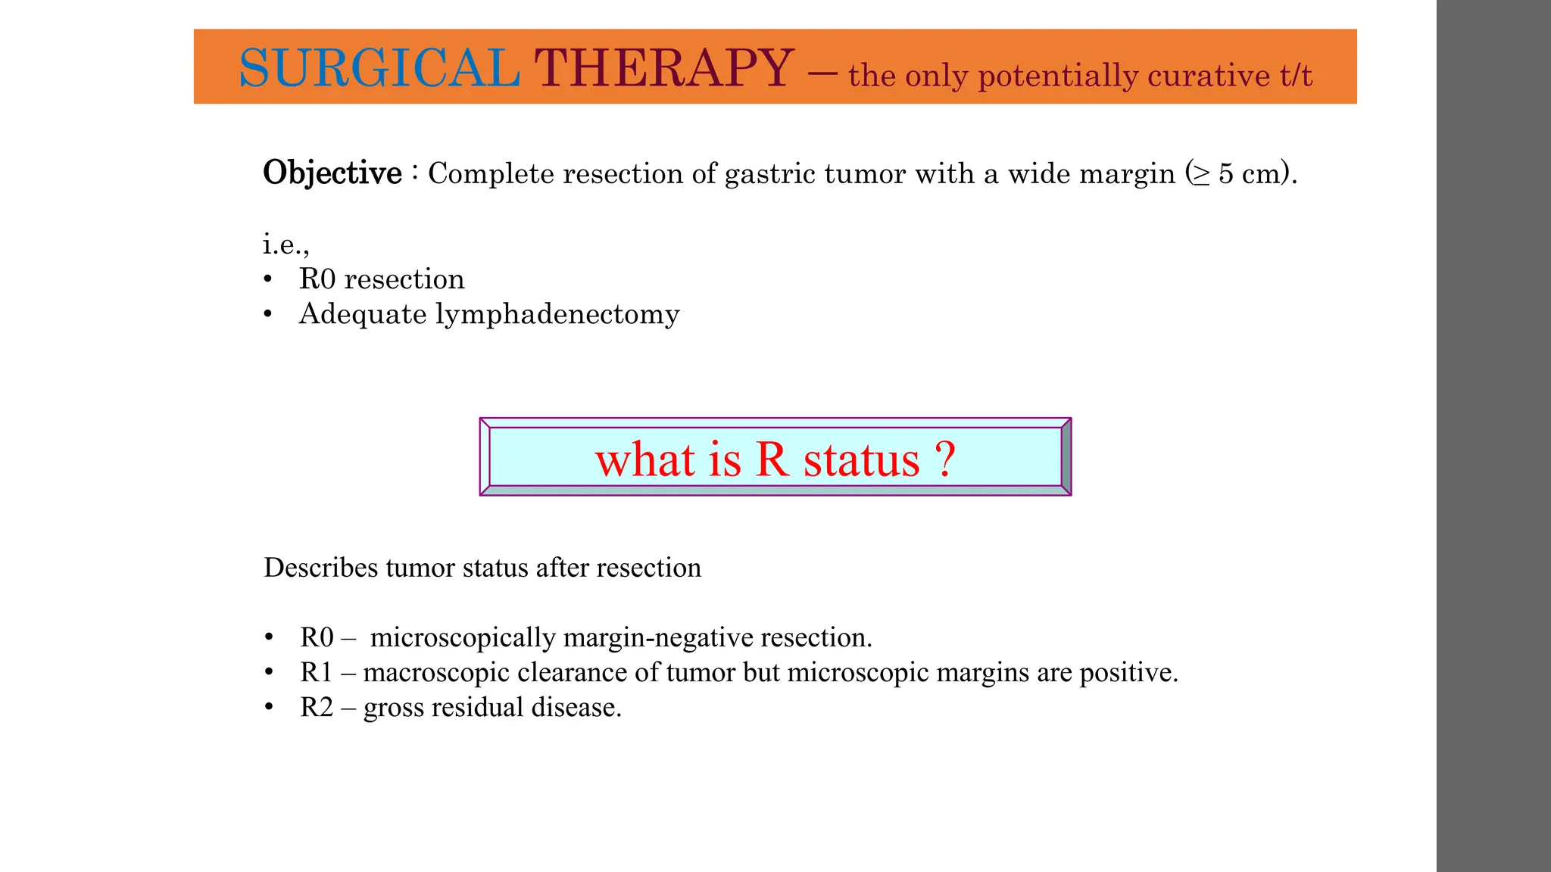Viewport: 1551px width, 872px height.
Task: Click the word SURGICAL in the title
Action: (x=379, y=68)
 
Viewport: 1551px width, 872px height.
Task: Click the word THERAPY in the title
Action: (x=664, y=68)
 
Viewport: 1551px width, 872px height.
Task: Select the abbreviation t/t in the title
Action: (x=1296, y=75)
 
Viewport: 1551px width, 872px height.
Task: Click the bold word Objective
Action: (x=332, y=173)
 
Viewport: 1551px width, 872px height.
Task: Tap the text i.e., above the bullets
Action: (x=286, y=244)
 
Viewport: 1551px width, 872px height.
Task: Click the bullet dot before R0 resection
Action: (x=267, y=279)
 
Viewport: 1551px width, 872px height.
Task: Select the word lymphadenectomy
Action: (x=557, y=314)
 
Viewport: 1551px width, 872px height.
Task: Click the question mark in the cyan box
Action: (x=944, y=459)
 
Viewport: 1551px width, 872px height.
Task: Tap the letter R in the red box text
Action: (x=772, y=459)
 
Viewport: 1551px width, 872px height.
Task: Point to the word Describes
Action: (x=320, y=568)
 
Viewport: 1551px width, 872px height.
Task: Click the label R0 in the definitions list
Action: (x=317, y=637)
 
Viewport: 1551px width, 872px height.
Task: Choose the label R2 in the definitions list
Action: (x=317, y=707)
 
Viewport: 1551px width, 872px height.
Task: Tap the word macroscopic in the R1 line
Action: (x=436, y=672)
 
